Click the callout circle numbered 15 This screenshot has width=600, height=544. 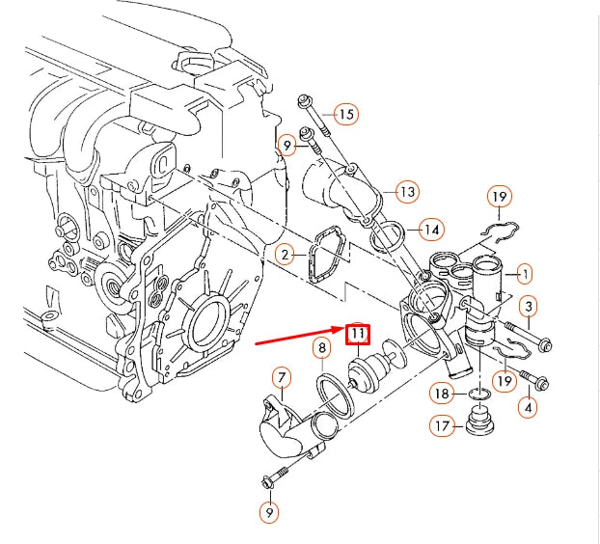coord(346,115)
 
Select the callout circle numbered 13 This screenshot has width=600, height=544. coord(407,192)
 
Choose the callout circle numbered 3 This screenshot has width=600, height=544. coord(529,308)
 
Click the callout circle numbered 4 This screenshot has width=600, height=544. coord(528,407)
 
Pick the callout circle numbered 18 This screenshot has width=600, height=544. coord(441,394)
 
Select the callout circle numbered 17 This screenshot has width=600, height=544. coord(441,424)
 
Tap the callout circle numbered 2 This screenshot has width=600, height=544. coord(285,255)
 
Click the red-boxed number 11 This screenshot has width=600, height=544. coord(358,335)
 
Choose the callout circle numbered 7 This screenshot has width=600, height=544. coord(282,377)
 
